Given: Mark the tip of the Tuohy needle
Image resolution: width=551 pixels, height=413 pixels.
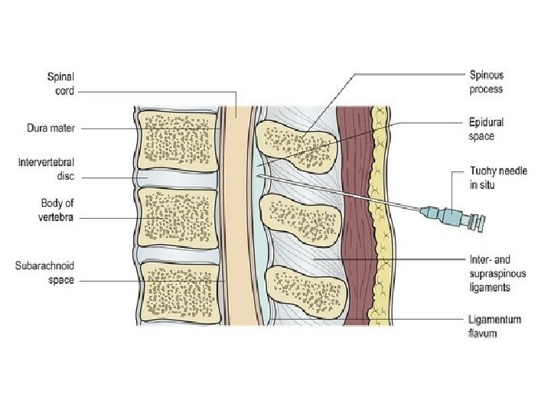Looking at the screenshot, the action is tap(260, 176).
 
